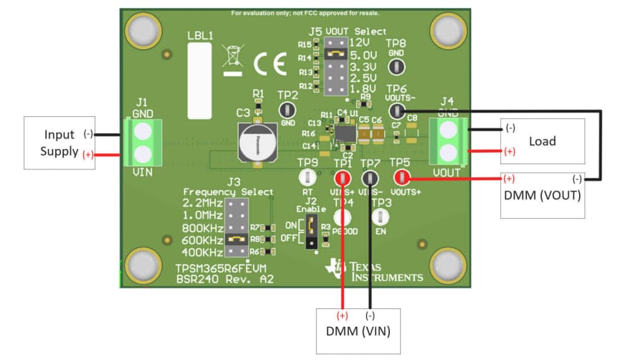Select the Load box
(x=542, y=141)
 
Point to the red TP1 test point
(x=343, y=177)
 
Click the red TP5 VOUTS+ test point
(x=401, y=177)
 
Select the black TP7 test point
(x=370, y=177)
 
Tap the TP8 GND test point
(x=395, y=67)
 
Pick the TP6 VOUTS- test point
(x=395, y=110)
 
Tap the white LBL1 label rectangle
(x=200, y=80)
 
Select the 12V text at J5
(x=360, y=42)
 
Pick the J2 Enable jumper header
(x=312, y=233)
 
